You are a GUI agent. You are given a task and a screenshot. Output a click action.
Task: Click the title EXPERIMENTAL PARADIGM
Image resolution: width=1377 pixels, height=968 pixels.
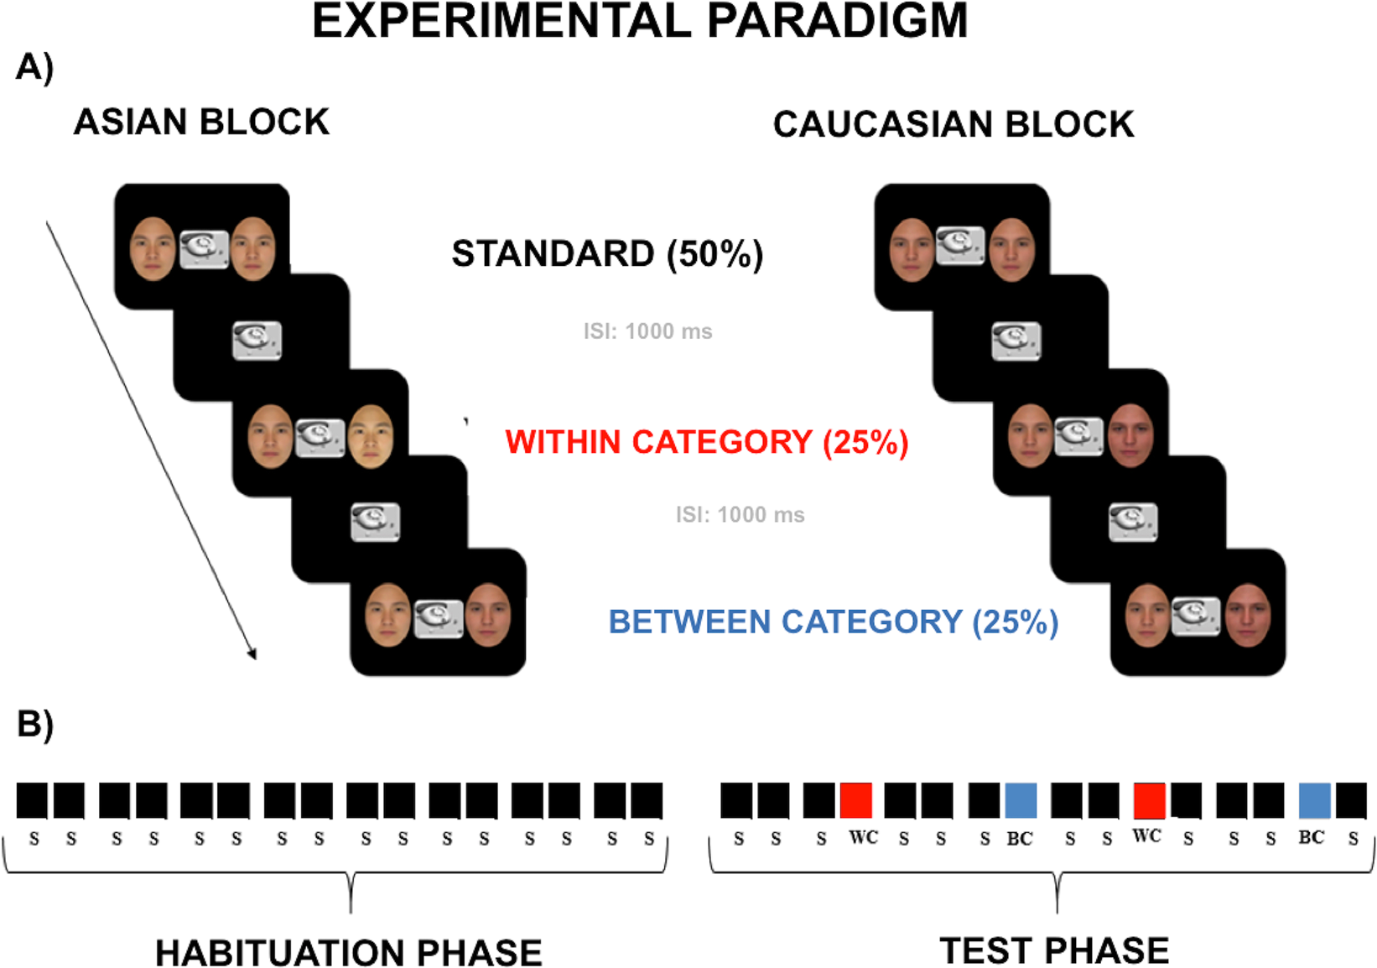[x=639, y=21]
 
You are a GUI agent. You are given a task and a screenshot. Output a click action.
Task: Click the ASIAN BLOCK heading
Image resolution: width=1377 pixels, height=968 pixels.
[x=201, y=122]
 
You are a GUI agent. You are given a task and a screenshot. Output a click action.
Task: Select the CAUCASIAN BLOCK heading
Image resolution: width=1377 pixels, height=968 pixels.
[x=953, y=125]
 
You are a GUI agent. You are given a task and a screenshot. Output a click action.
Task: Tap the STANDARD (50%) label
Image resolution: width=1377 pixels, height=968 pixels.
[x=607, y=253]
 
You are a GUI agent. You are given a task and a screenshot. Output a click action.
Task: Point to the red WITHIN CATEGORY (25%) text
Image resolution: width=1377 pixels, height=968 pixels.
[x=706, y=442]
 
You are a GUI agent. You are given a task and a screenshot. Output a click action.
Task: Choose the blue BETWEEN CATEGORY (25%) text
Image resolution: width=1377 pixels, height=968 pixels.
[x=833, y=622]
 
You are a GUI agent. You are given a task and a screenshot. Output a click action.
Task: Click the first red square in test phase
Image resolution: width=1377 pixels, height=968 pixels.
[x=856, y=800]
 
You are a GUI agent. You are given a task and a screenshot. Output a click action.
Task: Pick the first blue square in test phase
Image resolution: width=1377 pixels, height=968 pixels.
[x=1021, y=800]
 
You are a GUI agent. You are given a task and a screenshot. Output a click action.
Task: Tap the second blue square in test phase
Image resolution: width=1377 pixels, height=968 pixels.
[x=1314, y=800]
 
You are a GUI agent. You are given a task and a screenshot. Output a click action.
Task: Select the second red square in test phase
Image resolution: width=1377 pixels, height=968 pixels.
[x=1149, y=800]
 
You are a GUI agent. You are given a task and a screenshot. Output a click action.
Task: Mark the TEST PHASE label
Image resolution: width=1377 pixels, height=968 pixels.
[x=1054, y=951]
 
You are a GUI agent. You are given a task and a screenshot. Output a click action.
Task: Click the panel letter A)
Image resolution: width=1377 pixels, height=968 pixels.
[x=34, y=66]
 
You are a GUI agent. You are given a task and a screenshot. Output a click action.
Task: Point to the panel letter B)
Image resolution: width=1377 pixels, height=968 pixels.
[x=34, y=723]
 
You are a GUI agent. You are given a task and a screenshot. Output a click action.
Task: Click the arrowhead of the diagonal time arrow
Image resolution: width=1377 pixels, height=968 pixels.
[x=252, y=654]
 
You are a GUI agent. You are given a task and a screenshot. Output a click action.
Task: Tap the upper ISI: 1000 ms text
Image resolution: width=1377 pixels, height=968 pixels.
[x=647, y=331]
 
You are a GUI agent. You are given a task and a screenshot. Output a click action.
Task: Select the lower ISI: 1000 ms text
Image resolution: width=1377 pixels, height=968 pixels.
[x=740, y=514]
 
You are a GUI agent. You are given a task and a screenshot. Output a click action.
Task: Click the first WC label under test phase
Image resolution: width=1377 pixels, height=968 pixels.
[x=863, y=837]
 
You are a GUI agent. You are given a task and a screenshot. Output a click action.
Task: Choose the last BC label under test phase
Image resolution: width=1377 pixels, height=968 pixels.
[x=1311, y=837]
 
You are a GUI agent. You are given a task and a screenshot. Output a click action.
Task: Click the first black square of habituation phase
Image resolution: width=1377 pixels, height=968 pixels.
[x=32, y=800]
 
